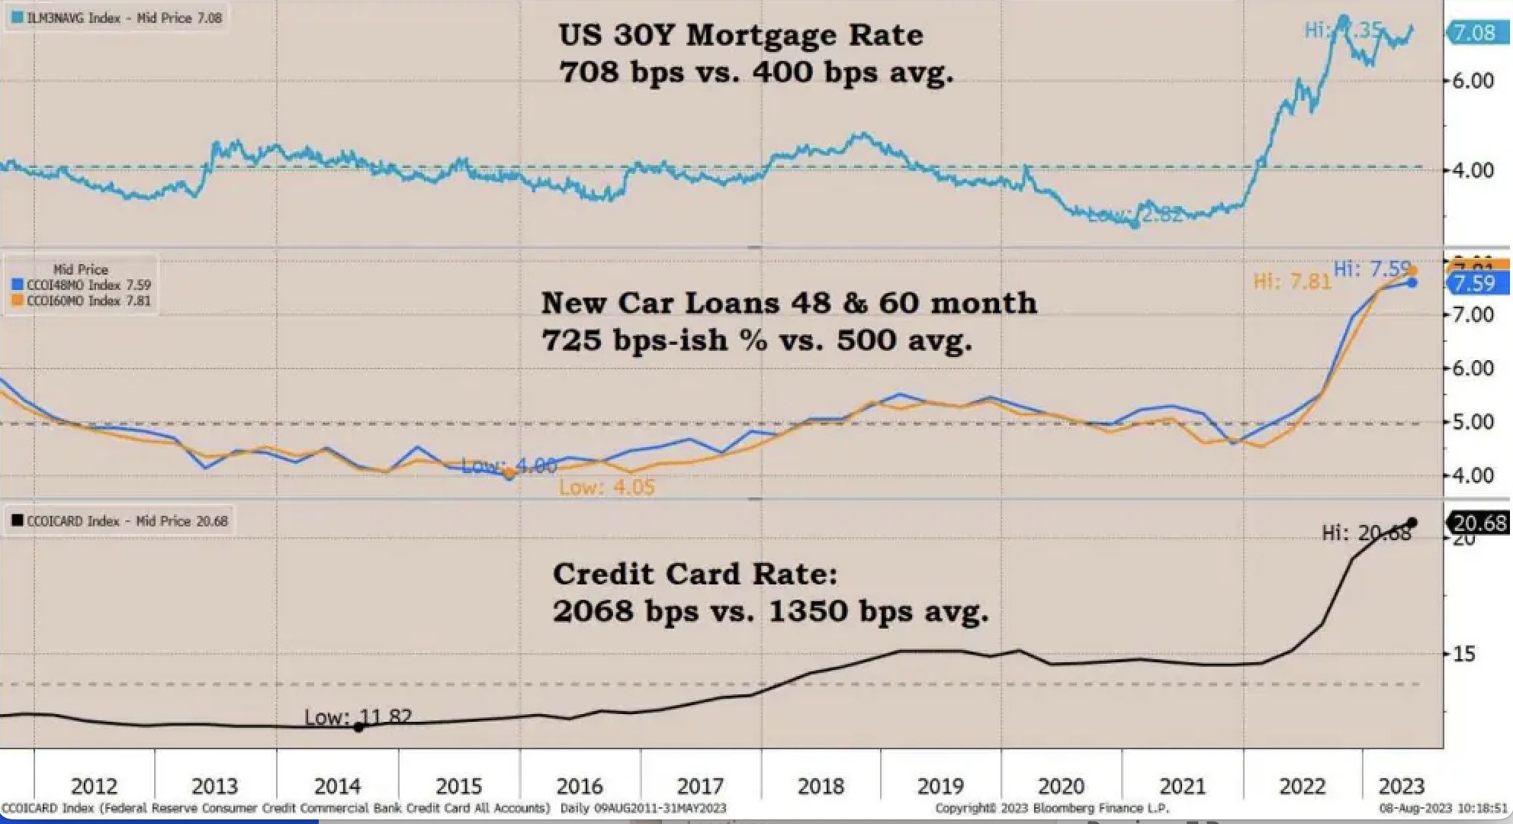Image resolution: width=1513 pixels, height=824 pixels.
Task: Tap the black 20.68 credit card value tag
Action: click(x=1479, y=523)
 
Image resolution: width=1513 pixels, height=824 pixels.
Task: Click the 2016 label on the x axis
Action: click(x=580, y=786)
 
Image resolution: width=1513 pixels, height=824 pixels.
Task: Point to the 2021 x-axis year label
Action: click(x=1182, y=786)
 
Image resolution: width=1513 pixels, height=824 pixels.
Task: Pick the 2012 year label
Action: click(x=94, y=786)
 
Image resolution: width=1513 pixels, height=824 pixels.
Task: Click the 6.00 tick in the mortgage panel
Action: click(x=1472, y=81)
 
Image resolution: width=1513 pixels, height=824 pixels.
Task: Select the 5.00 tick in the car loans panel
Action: click(x=1472, y=422)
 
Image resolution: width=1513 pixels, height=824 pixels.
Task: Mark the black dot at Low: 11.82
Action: click(x=358, y=727)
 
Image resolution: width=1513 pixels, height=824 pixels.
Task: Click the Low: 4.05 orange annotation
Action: click(x=607, y=487)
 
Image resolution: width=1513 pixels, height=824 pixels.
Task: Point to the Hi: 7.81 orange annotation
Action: click(x=1292, y=282)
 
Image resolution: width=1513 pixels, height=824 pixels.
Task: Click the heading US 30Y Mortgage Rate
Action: click(x=740, y=35)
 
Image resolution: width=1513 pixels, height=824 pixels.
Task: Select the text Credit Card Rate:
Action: click(x=695, y=574)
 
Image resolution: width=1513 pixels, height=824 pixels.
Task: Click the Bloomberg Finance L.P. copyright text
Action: click(x=1052, y=808)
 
